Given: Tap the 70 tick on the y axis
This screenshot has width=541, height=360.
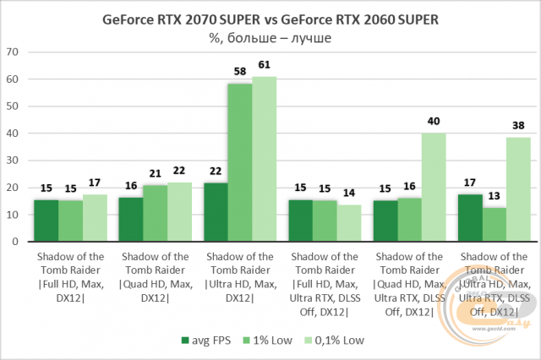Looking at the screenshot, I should coord(13,52).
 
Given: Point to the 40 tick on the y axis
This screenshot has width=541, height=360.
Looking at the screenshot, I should coord(13,134).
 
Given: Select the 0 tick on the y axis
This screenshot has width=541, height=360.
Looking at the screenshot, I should coord(15,242).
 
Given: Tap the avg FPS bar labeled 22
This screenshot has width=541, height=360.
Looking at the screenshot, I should coord(216,212).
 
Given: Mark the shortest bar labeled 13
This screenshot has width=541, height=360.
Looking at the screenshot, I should coord(495,225).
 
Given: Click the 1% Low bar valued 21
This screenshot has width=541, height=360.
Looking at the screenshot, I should coord(155,214).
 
